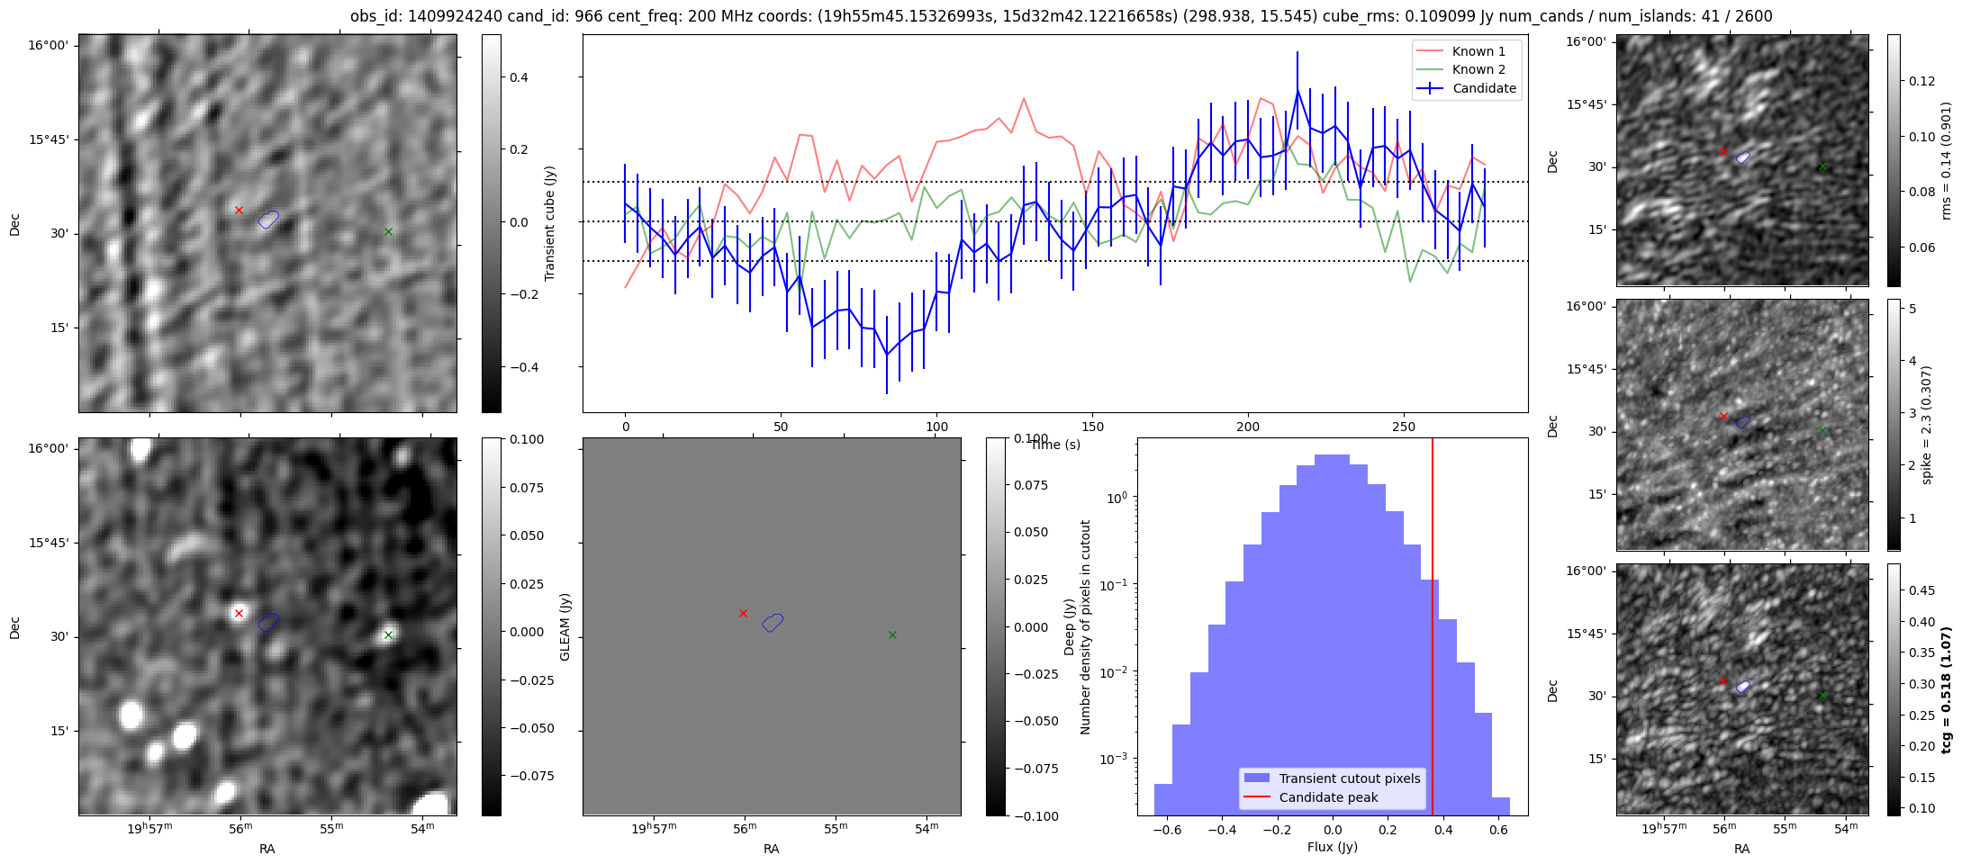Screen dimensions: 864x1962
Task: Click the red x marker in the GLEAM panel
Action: (x=743, y=613)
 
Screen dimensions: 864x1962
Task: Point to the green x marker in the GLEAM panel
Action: (x=892, y=634)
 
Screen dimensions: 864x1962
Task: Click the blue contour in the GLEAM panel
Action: (x=773, y=622)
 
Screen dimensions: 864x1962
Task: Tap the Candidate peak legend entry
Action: (x=1328, y=797)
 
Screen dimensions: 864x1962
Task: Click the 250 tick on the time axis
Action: (x=1404, y=426)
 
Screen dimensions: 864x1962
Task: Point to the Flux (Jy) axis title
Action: (x=1332, y=847)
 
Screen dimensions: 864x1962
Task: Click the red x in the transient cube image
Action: (x=239, y=210)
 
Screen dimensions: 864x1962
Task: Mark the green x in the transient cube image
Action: (x=388, y=231)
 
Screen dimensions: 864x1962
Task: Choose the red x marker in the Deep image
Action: (x=239, y=613)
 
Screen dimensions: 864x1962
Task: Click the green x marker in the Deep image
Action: (x=388, y=634)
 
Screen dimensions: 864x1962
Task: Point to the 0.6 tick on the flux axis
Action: (x=1498, y=830)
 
